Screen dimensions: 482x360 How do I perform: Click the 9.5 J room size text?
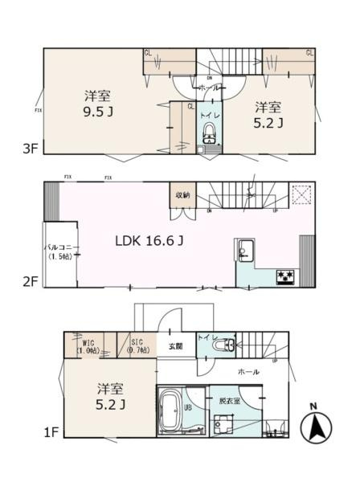(x=98, y=113)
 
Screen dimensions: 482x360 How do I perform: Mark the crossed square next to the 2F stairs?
(x=301, y=194)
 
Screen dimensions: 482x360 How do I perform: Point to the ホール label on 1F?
(x=247, y=374)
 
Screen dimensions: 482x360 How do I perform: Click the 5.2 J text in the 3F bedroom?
(x=269, y=113)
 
